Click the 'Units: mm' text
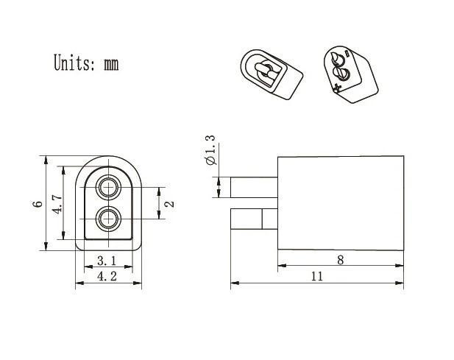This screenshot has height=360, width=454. coord(85,63)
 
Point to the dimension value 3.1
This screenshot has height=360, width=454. coord(107,260)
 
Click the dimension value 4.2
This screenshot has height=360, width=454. coord(107,276)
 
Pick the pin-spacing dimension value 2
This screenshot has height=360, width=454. coord(169,203)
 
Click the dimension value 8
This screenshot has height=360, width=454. coord(339,258)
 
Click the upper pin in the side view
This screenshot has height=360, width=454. coord(253,187)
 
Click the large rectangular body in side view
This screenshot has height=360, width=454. coord(340,202)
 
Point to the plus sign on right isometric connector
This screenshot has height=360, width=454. coord(337,88)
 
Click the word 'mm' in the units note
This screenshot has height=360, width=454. coord(110,63)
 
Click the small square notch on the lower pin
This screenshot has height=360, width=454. coord(269,219)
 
